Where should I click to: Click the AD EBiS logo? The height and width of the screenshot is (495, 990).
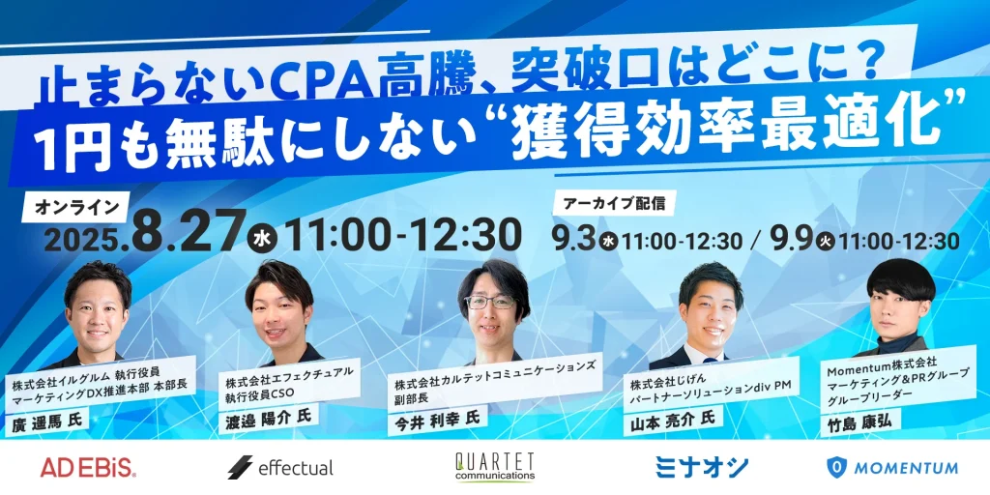(x=88, y=467)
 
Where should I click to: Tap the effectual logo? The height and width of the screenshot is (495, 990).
(x=280, y=467)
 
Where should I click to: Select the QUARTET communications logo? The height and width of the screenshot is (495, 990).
(x=494, y=467)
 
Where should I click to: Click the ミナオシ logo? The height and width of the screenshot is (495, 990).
(x=702, y=467)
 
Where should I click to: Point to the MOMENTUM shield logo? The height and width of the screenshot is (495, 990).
(x=892, y=467)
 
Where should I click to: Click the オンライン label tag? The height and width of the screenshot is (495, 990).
(x=76, y=206)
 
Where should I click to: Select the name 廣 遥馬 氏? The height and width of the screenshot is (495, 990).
(x=46, y=421)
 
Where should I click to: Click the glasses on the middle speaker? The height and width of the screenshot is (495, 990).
(x=490, y=302)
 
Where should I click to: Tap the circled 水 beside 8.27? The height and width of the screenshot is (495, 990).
(x=265, y=240)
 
